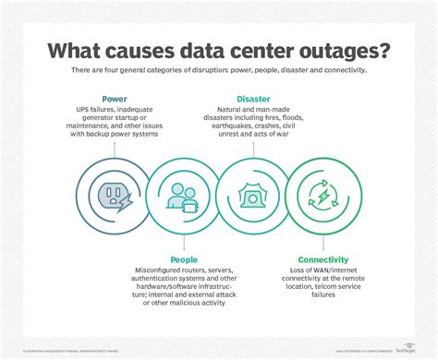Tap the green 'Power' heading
115,99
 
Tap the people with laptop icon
185,195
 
